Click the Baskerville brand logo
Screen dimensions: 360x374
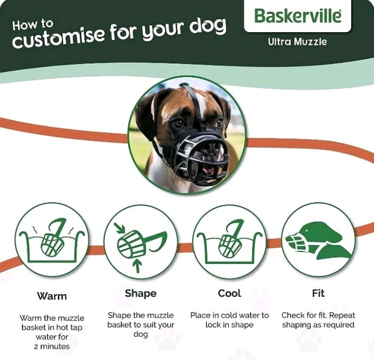click(x=297, y=16)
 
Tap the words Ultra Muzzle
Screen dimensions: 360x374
click(x=297, y=41)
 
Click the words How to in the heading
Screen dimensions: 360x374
click(x=33, y=25)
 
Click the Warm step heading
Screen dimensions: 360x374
click(x=52, y=296)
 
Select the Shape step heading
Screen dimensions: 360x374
click(x=141, y=293)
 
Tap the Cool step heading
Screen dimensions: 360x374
click(x=229, y=293)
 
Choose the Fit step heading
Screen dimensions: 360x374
click(x=318, y=293)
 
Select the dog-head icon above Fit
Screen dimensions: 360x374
click(x=318, y=240)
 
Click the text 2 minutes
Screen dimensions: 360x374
click(x=52, y=346)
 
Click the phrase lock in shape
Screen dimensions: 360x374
click(x=229, y=325)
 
